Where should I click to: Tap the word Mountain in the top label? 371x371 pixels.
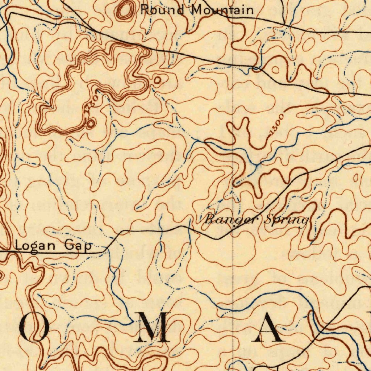coord(222,10)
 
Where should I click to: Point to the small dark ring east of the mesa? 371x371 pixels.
coord(157,79)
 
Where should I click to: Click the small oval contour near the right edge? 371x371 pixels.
coord(355,177)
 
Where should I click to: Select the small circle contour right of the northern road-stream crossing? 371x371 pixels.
coord(275,70)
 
